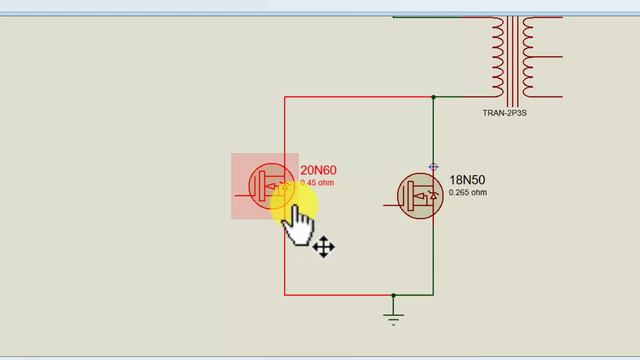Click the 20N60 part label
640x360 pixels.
(x=318, y=171)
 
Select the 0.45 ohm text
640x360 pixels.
(x=317, y=183)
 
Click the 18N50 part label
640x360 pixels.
(x=467, y=180)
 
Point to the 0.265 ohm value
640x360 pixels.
(x=467, y=192)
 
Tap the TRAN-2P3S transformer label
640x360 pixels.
(x=506, y=114)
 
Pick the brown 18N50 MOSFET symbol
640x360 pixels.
(x=419, y=196)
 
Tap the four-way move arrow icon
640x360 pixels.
(x=324, y=247)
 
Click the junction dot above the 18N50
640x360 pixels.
(x=433, y=97)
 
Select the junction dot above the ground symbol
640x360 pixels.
(x=394, y=296)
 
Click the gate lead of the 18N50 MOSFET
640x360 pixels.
(x=391, y=204)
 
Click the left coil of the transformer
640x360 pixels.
(x=497, y=55)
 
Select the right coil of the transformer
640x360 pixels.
(x=528, y=55)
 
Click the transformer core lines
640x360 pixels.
(x=512, y=60)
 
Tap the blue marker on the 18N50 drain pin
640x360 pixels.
(x=433, y=167)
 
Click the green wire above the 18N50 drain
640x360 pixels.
(x=433, y=130)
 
